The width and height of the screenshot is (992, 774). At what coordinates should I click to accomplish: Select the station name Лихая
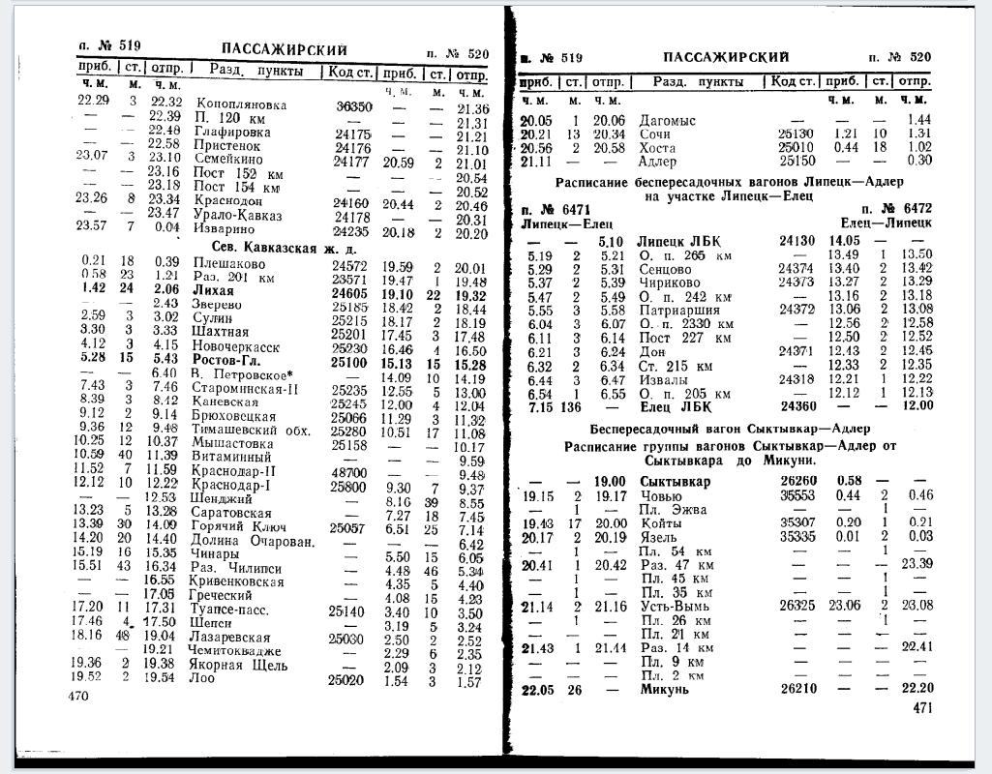click(214, 289)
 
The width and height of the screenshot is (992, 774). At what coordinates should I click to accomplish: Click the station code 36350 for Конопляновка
click(354, 105)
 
